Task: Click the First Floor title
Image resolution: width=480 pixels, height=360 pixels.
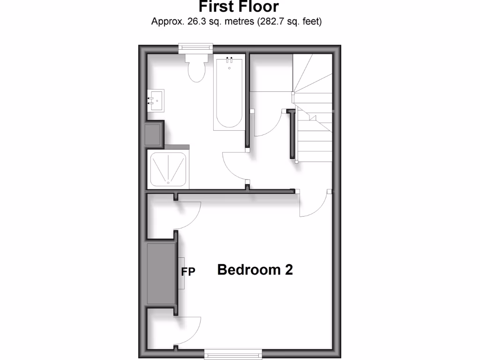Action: point(239,7)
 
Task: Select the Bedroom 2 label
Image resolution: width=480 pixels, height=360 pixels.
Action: point(255,270)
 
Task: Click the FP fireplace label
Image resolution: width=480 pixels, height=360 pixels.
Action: point(188,271)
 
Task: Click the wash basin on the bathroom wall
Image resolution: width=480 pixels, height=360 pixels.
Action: point(155,100)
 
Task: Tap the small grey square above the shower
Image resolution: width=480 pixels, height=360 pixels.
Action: point(153,135)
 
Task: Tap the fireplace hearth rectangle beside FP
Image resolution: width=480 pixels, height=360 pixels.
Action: point(181,273)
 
